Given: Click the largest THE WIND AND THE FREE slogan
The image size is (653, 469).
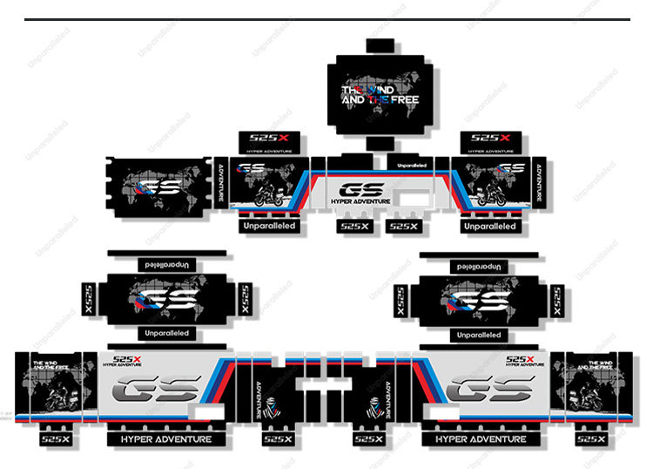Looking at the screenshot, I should point(380,95).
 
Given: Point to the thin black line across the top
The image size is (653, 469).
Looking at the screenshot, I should point(326,19).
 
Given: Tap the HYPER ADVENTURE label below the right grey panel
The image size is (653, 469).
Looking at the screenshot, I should point(481,439).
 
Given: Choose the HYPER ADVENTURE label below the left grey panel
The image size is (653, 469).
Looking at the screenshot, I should point(165,439).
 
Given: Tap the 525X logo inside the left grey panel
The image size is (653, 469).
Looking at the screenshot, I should point(129,359).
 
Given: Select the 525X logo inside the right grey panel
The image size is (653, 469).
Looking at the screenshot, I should point(520,359).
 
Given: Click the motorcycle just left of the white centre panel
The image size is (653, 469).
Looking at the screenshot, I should point(272,195).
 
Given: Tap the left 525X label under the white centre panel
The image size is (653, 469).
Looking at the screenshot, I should point(353,227).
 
